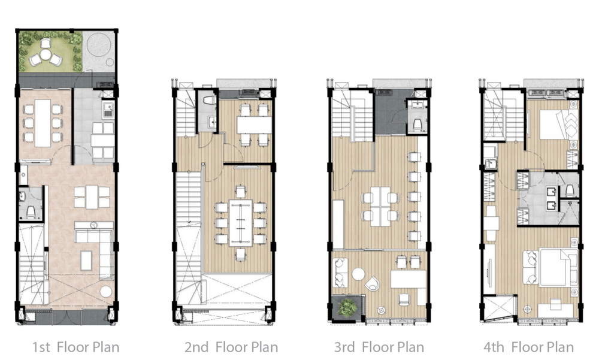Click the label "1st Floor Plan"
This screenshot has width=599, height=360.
[x=75, y=347]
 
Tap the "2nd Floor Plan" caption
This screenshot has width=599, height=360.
[x=231, y=347]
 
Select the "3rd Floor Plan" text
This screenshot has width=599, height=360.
[x=379, y=347]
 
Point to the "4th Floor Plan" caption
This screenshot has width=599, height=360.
[x=529, y=347]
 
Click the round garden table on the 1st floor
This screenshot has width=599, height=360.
[x=46, y=55]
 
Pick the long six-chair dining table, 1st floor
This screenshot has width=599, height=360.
[x=43, y=123]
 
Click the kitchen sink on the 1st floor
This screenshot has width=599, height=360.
[x=108, y=110]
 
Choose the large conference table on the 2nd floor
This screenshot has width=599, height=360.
[x=240, y=223]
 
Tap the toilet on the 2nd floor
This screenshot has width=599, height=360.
[x=208, y=102]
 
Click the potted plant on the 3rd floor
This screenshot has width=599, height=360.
[x=347, y=307]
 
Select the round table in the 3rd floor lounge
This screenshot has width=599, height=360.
[x=358, y=274]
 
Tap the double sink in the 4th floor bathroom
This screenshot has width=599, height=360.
[x=550, y=199]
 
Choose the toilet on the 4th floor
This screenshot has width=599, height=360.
[x=569, y=190]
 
